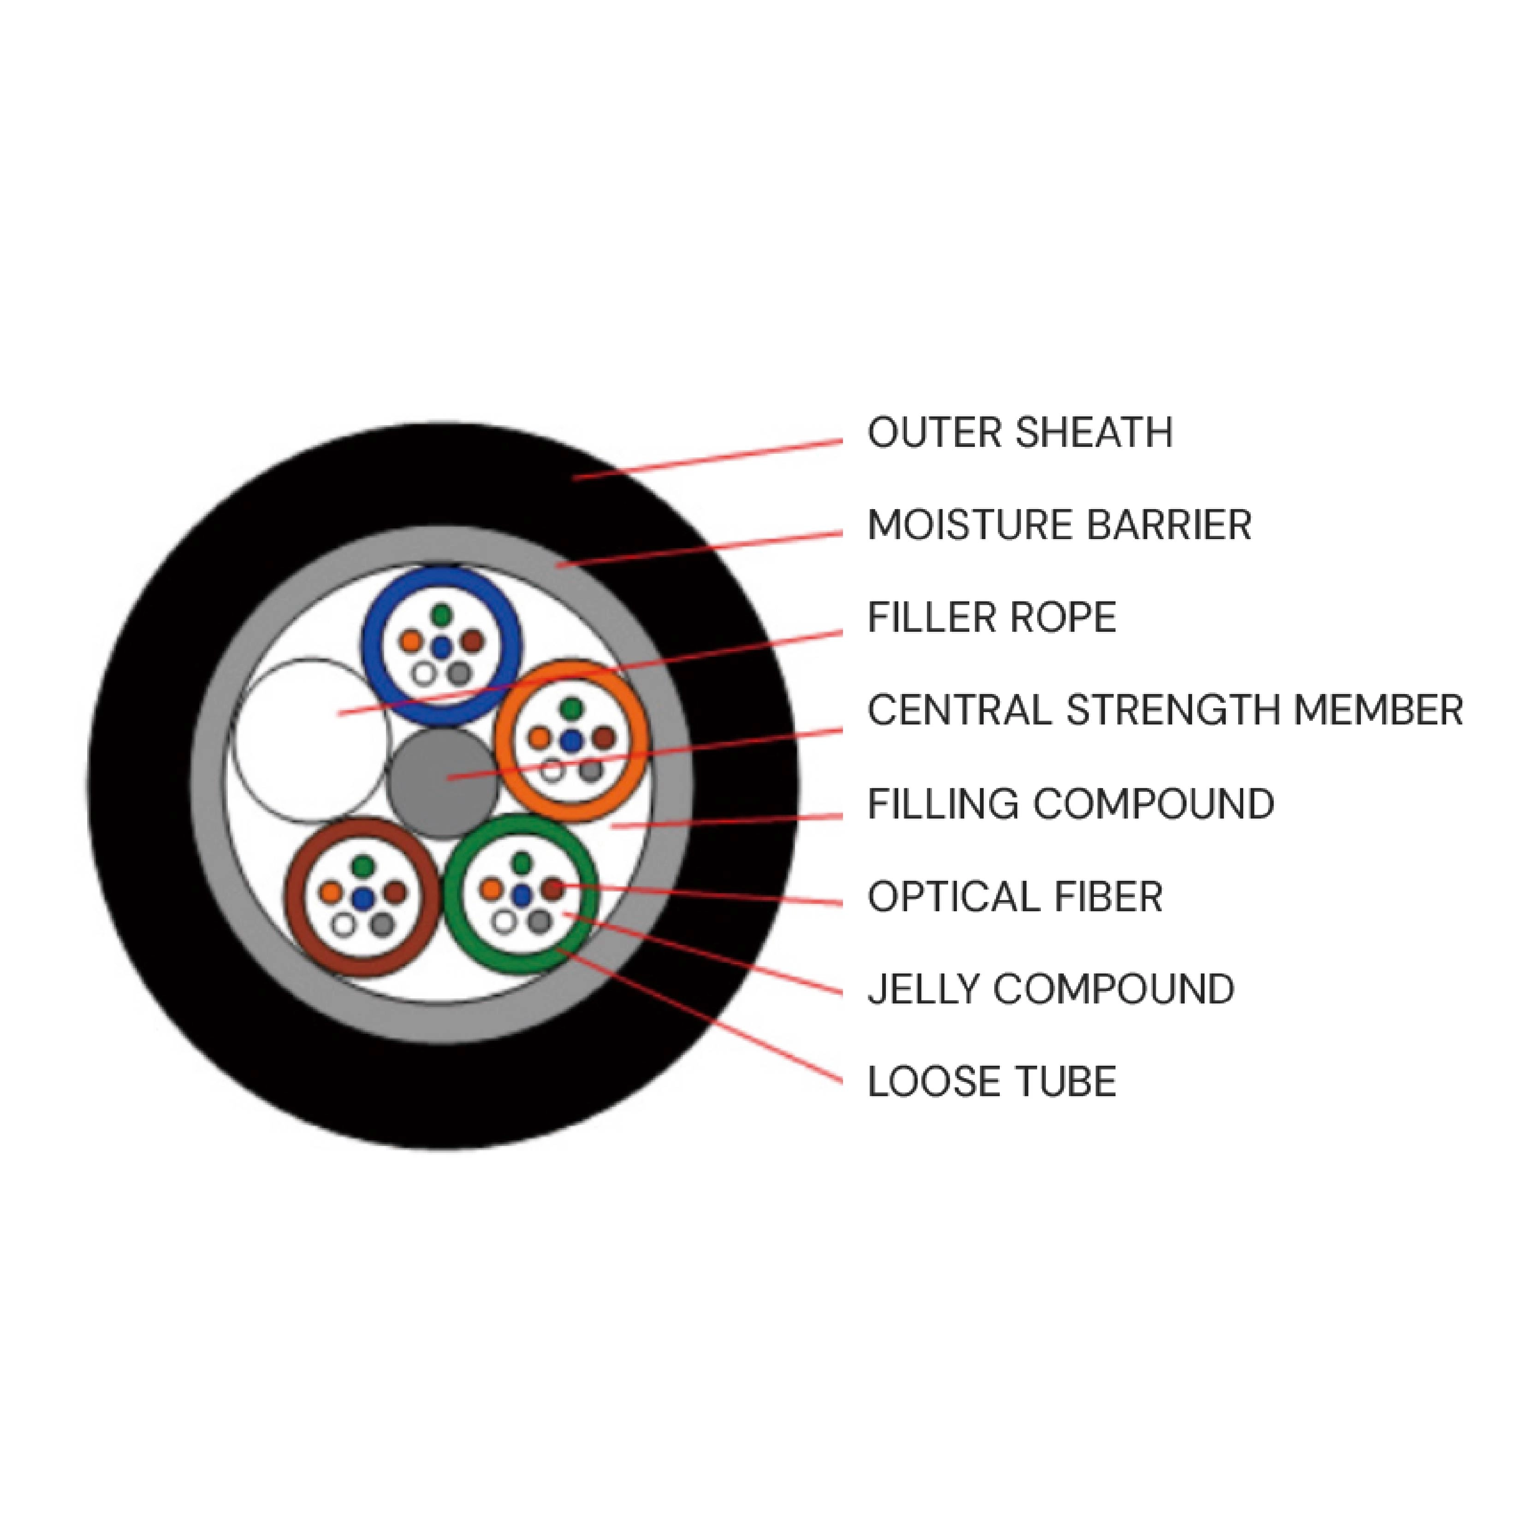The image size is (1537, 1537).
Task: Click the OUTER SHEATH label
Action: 1019,433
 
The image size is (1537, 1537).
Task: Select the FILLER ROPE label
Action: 991,617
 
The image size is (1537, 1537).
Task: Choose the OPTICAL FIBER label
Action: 1015,896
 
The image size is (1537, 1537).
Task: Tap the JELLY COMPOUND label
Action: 1050,989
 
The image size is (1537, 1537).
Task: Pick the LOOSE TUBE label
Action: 991,1081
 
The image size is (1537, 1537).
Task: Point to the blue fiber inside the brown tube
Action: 363,898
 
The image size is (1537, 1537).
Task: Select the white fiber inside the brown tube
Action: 344,925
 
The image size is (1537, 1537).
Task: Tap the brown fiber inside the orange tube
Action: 604,737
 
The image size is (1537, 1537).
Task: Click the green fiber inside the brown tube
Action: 363,865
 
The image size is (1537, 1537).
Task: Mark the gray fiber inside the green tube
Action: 540,922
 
